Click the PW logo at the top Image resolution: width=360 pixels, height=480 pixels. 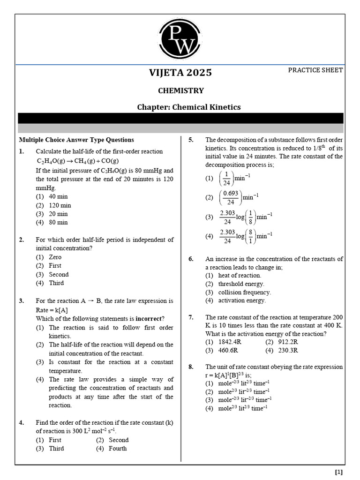coord(180,39)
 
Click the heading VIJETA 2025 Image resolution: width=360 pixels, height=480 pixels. coord(180,73)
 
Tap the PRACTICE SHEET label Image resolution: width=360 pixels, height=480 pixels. coord(315,70)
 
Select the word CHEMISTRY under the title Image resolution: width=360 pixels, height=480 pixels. coord(180,90)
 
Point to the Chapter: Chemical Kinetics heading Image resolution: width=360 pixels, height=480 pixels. coord(188,107)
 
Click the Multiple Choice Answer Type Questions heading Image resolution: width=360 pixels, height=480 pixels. coord(76,140)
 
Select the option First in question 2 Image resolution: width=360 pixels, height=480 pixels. coord(55,266)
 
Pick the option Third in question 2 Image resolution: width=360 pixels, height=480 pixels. coord(56,283)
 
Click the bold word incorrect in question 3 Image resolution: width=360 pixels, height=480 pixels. coord(150,319)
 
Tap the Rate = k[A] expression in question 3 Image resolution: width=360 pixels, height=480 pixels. coord(52,310)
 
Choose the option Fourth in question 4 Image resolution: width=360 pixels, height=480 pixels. coord(118,449)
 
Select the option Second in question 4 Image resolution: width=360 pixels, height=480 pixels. coord(119,440)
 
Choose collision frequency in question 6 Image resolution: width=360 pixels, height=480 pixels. coord(244,292)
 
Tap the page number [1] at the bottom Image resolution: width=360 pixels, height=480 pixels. coord(339,472)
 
